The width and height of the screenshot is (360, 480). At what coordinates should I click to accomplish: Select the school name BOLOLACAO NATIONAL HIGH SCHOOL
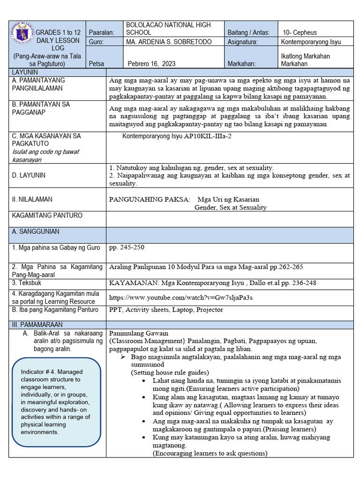point(168,29)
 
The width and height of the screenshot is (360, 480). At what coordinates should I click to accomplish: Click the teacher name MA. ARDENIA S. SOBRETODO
point(169,42)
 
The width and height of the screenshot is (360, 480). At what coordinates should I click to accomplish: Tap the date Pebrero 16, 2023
point(152,64)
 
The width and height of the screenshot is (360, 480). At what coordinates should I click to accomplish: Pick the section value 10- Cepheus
point(300,32)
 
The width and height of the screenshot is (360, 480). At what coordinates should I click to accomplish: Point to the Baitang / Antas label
point(248,32)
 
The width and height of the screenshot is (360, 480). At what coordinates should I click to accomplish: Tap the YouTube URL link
point(180,298)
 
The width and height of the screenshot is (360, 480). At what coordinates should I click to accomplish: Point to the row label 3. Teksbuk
point(27,283)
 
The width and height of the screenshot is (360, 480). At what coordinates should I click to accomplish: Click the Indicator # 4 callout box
point(56,402)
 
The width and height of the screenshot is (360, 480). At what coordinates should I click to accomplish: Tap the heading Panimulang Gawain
point(136,332)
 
